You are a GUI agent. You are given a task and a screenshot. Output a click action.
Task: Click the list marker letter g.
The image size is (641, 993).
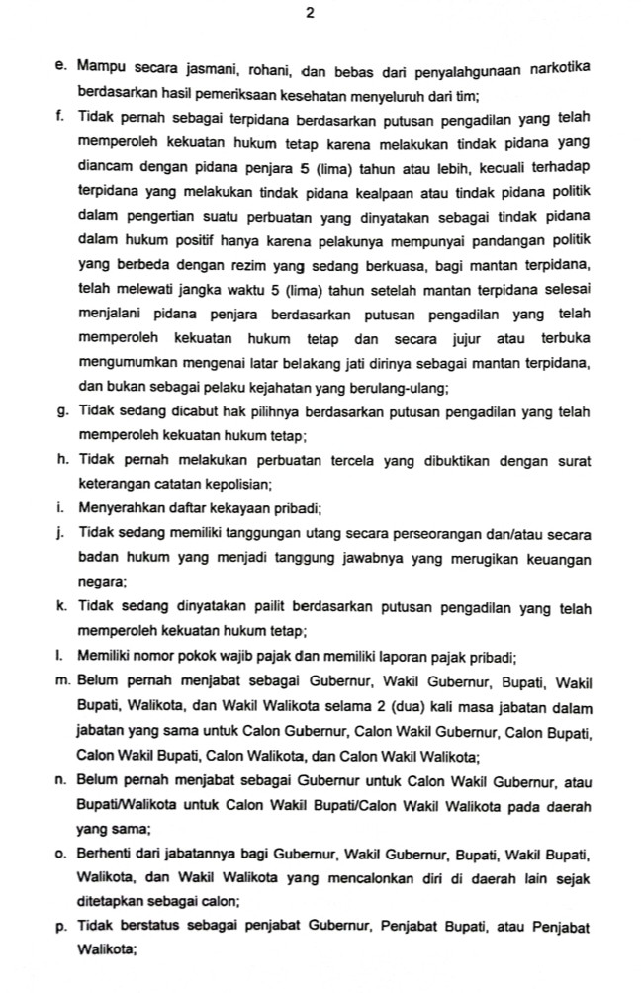tap(62, 411)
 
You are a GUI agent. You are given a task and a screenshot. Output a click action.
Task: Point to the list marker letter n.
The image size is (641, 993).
tap(62, 779)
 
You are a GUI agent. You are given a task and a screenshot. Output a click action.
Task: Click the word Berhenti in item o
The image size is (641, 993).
tap(106, 853)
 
